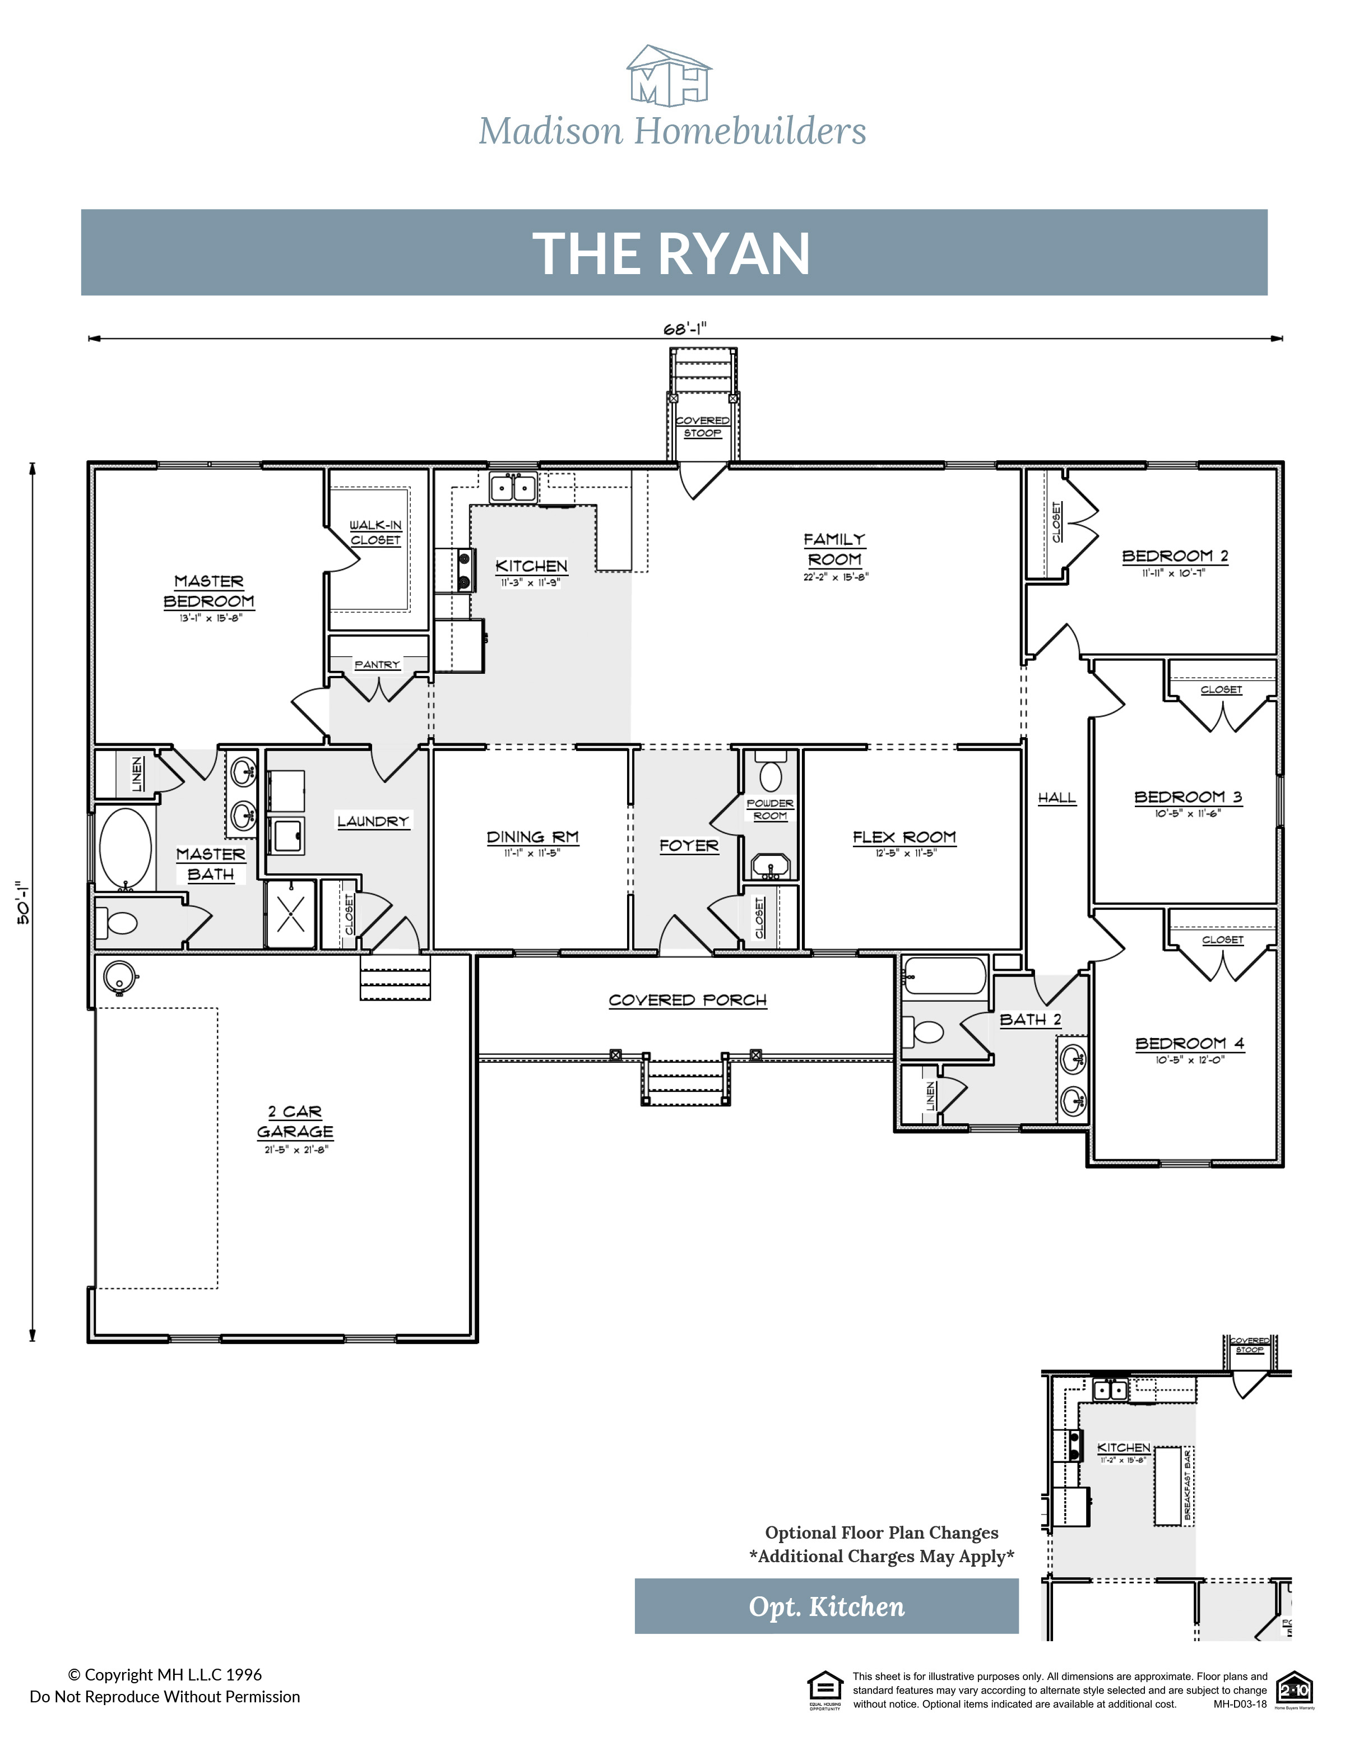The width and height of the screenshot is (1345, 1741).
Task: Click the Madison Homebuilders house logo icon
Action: point(669,77)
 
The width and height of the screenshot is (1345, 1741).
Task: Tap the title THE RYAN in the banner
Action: point(672,253)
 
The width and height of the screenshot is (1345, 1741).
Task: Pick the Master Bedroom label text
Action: point(209,591)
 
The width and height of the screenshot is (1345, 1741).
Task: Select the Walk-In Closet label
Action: point(375,532)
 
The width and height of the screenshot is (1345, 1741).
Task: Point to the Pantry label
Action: point(377,664)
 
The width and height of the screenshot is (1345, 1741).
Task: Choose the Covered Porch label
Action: point(687,999)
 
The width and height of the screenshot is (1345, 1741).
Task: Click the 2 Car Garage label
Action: point(295,1122)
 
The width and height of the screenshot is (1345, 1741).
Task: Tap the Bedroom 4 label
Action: point(1189,1044)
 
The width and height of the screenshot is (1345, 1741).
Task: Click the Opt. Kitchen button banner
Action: point(826,1605)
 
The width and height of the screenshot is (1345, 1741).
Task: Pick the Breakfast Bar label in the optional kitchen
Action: point(1187,1484)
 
